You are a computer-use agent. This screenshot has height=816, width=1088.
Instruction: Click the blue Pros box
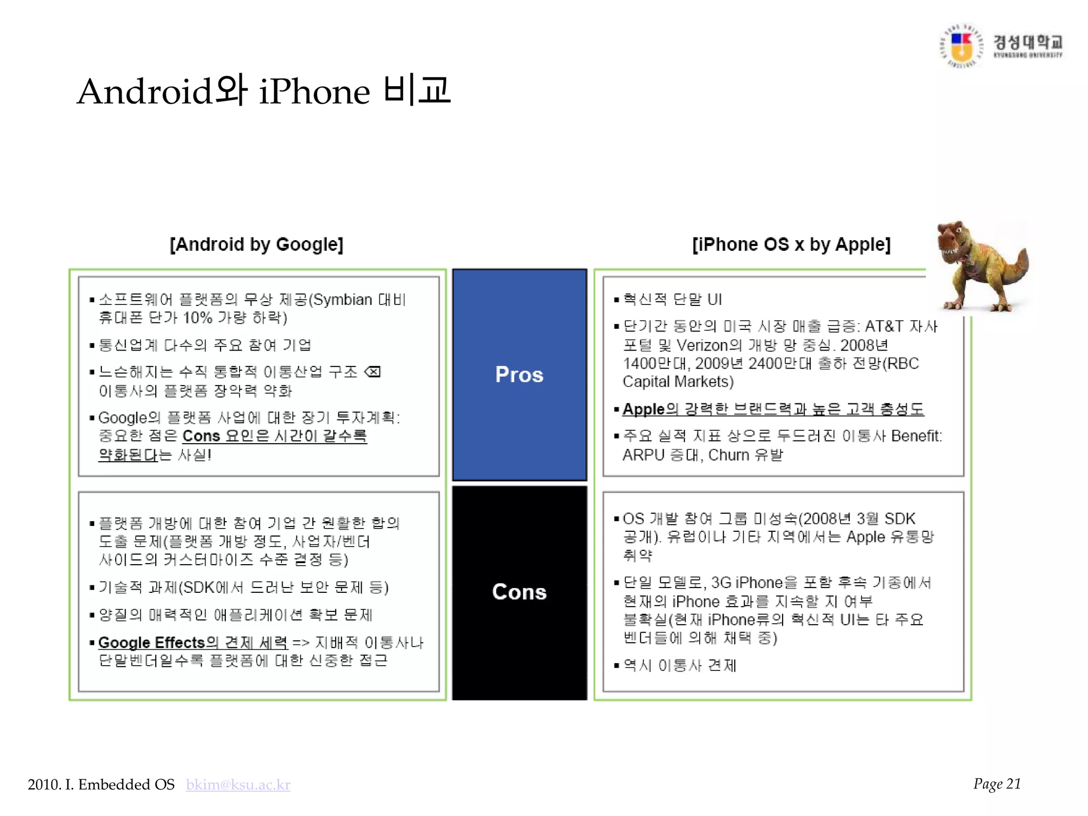point(519,375)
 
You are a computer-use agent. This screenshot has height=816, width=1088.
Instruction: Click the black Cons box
point(519,592)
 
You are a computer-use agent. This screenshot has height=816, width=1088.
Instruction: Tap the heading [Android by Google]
point(257,244)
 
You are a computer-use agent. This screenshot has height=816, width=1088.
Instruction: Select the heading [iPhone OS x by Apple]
point(791,244)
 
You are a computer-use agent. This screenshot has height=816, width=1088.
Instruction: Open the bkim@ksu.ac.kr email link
point(238,785)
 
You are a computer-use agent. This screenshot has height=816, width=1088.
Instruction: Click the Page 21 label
point(997,784)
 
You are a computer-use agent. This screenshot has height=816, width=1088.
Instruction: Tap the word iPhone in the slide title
point(314,91)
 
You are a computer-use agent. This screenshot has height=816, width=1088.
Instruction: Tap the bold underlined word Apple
point(643,409)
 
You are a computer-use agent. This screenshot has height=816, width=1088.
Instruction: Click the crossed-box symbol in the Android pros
point(373,372)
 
